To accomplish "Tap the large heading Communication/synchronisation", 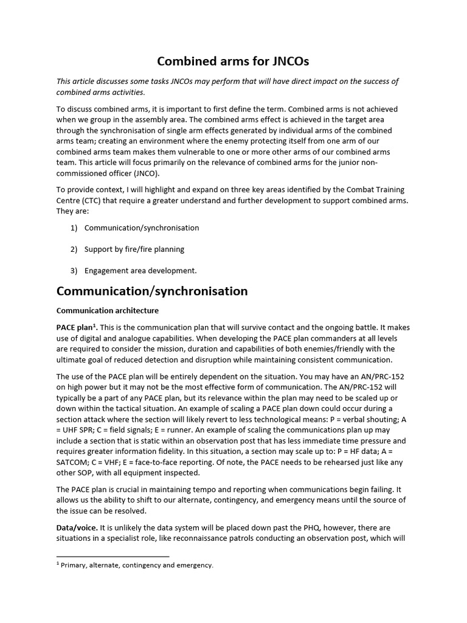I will [152, 291].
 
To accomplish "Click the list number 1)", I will [74, 228].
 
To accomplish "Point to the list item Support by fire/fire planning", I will [134, 249].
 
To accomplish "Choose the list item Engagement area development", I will [140, 271].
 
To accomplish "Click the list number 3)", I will [74, 271].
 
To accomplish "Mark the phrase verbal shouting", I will [364, 419].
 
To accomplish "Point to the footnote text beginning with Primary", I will [136, 565].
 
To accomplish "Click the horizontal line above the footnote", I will [112, 556].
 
